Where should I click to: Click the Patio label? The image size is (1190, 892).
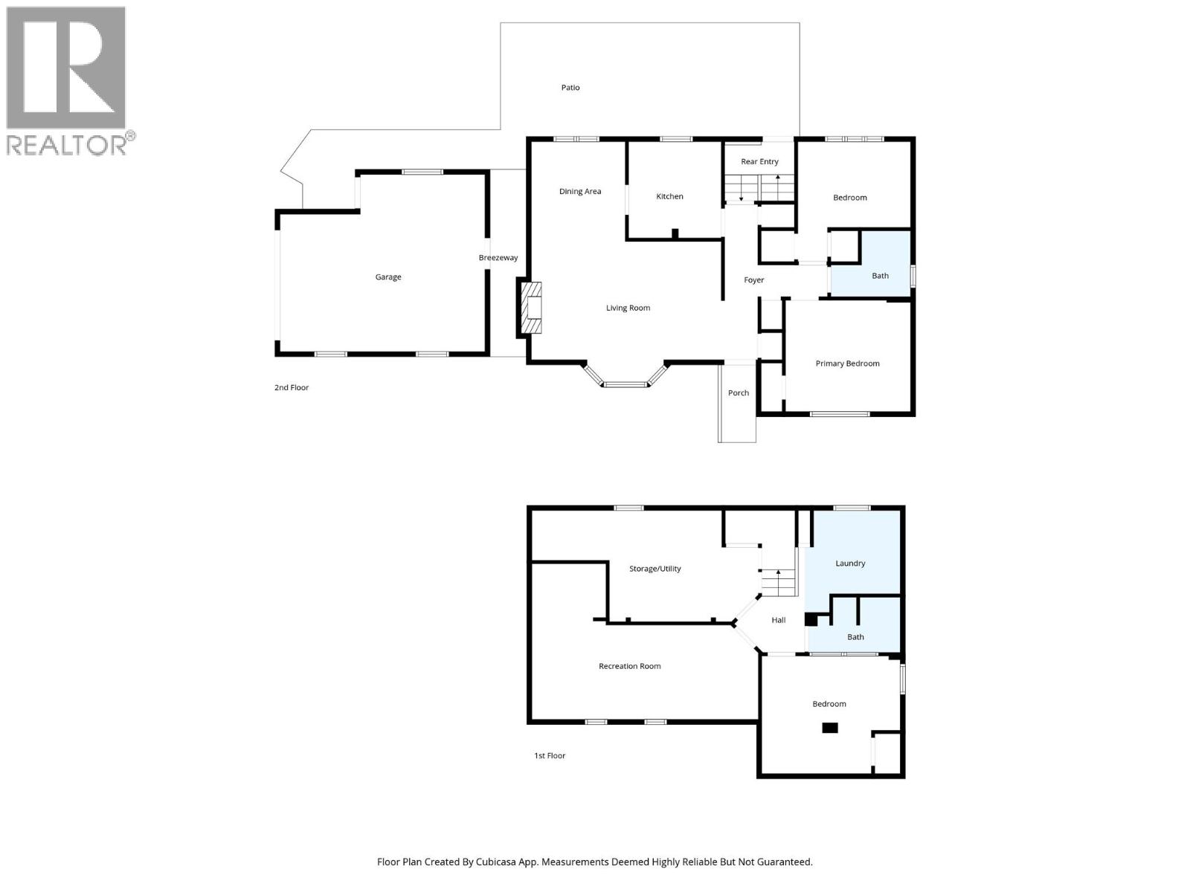point(570,88)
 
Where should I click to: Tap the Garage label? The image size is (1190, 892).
point(387,277)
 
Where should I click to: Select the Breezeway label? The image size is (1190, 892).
point(498,258)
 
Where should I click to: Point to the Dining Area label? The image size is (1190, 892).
point(580,192)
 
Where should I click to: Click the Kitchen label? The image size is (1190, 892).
point(669,196)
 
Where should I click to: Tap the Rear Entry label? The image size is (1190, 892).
point(759,162)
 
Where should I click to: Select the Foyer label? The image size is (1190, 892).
point(753,280)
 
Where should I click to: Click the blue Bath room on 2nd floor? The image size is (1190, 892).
point(880,276)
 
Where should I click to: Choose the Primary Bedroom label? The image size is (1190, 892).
point(847,363)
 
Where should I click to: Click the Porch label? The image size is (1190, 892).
point(738,393)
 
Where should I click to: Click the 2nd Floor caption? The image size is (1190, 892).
point(291,387)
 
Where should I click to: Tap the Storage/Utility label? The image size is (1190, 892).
point(654,569)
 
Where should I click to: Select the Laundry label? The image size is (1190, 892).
point(850,563)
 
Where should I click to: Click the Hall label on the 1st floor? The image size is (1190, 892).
point(778,620)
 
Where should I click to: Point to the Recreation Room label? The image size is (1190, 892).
point(629,666)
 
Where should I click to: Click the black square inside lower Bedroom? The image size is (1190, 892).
point(829,728)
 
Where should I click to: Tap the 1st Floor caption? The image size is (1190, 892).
point(550,755)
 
